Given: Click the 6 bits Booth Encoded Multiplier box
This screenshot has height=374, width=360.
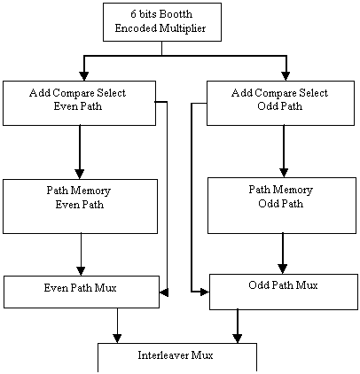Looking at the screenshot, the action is [x=162, y=22].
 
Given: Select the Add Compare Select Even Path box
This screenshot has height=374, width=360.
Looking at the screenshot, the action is [x=79, y=103].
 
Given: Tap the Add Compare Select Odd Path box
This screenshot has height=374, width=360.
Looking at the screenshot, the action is [x=280, y=103].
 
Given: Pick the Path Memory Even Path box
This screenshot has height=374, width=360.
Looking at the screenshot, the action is [x=80, y=206].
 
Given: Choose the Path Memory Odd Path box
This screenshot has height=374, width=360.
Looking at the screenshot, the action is [x=282, y=206].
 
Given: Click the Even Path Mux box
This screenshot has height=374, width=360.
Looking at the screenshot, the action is [x=82, y=292].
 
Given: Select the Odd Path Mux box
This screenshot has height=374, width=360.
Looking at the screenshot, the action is [x=284, y=292].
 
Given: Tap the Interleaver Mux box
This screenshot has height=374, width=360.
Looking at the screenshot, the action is [x=177, y=357].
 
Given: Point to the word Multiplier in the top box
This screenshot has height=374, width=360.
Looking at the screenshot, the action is [x=183, y=28].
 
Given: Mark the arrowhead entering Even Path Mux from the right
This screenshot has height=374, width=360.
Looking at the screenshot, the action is [x=164, y=292].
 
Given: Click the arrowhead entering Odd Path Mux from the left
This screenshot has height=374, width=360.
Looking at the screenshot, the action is [x=205, y=292].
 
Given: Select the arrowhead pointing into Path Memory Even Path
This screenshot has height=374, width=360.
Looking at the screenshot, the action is [x=80, y=174].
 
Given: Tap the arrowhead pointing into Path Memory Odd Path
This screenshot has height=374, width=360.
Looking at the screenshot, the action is [x=284, y=173].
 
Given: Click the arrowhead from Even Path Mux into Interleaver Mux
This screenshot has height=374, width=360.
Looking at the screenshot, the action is [x=117, y=339].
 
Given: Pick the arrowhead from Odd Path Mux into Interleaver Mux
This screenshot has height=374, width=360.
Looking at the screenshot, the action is [x=238, y=339].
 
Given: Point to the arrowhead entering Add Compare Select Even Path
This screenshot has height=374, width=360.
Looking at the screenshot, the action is [x=84, y=76].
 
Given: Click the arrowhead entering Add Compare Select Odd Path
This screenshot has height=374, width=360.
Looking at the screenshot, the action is [x=286, y=76].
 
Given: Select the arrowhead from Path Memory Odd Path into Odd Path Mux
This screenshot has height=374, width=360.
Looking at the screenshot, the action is [x=283, y=269].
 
